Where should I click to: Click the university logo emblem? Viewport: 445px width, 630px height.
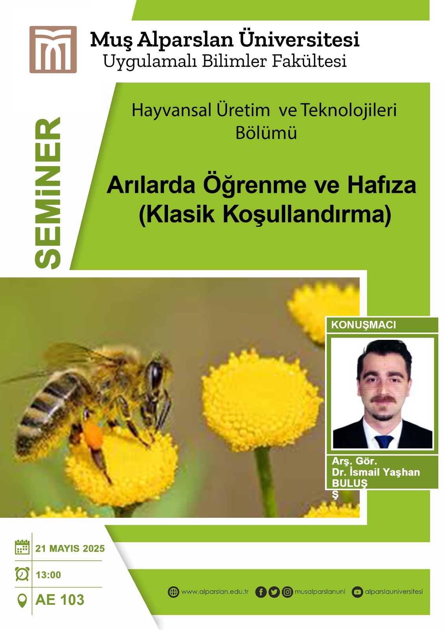pyautogui.click(x=53, y=50)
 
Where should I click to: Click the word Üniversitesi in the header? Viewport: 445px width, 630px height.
pyautogui.click(x=299, y=39)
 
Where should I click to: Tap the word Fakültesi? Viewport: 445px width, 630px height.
pyautogui.click(x=309, y=61)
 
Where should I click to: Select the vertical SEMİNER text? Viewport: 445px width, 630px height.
pyautogui.click(x=48, y=193)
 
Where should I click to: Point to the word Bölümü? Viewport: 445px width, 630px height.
pyautogui.click(x=266, y=133)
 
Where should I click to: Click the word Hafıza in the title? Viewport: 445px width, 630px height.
pyautogui.click(x=382, y=185)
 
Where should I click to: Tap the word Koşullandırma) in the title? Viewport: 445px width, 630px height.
pyautogui.click(x=307, y=215)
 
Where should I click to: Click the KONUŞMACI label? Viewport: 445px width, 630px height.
pyautogui.click(x=364, y=325)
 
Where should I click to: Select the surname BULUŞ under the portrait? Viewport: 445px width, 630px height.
pyautogui.click(x=349, y=483)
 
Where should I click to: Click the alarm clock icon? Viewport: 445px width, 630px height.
pyautogui.click(x=22, y=574)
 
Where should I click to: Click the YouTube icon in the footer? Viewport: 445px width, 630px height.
pyautogui.click(x=357, y=592)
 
